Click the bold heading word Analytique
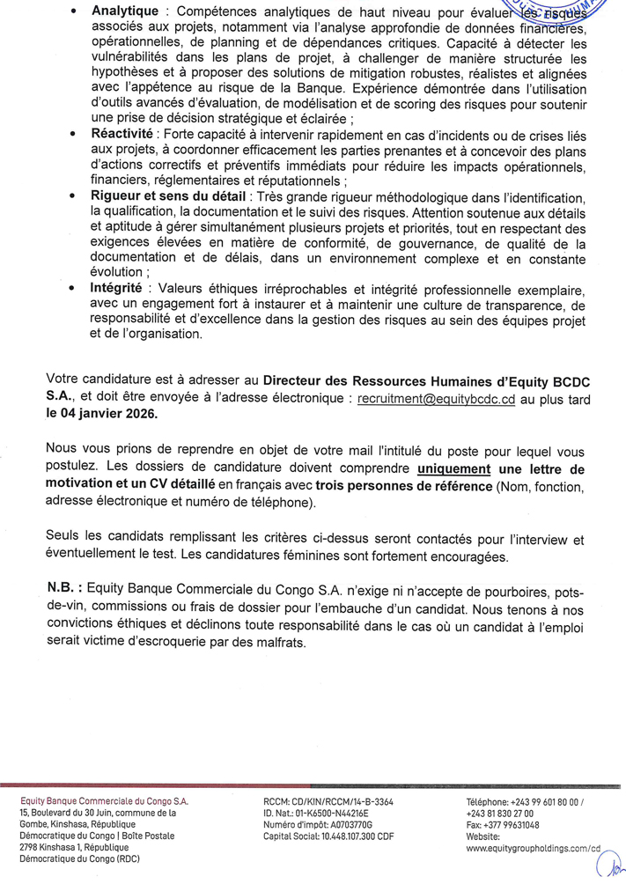(x=125, y=11)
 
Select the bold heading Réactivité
(x=121, y=133)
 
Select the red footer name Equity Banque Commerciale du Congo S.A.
(x=104, y=802)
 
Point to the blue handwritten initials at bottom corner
(x=609, y=867)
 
